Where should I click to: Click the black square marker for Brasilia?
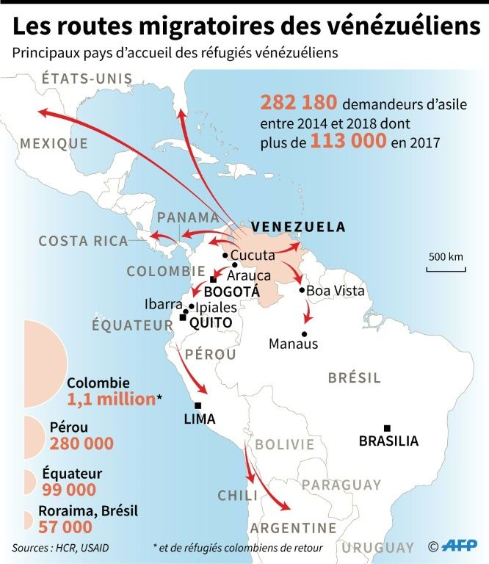coord(387,428)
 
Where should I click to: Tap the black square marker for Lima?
coord(197,405)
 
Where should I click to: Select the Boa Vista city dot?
coord(302,290)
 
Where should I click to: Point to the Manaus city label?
coord(294,344)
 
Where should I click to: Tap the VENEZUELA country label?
coord(298,227)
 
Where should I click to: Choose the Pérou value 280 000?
coord(81,444)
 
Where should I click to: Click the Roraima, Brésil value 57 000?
coord(70,527)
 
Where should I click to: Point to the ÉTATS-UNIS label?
coord(87,79)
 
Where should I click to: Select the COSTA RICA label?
coord(83,241)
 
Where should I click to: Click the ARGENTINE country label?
coord(293,528)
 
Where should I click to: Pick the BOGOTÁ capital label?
coord(232,292)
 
